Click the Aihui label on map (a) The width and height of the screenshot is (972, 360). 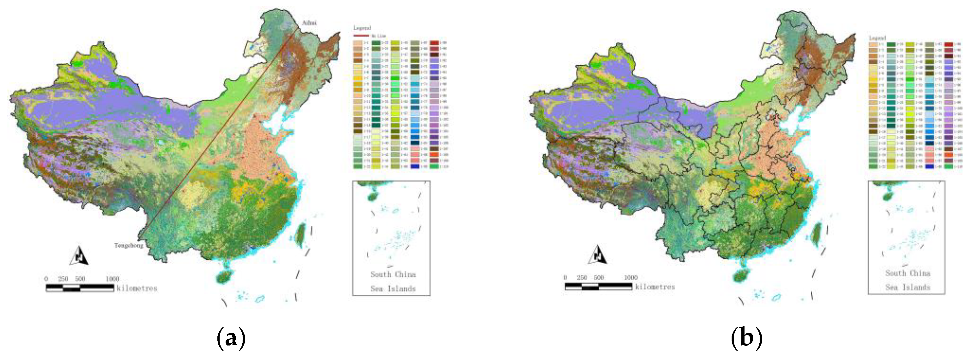click(x=309, y=23)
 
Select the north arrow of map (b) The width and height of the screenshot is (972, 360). click(x=597, y=255)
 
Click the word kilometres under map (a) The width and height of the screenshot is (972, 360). click(x=137, y=288)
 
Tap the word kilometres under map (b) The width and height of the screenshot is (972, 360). click(x=655, y=287)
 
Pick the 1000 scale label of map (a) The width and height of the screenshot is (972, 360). click(x=112, y=279)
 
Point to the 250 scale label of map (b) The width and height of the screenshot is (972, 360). click(x=582, y=278)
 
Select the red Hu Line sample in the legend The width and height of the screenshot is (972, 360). click(x=361, y=36)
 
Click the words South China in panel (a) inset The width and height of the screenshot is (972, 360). click(x=393, y=274)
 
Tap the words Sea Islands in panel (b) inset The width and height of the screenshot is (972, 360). click(x=908, y=287)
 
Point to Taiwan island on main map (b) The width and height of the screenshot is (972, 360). click(x=816, y=234)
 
